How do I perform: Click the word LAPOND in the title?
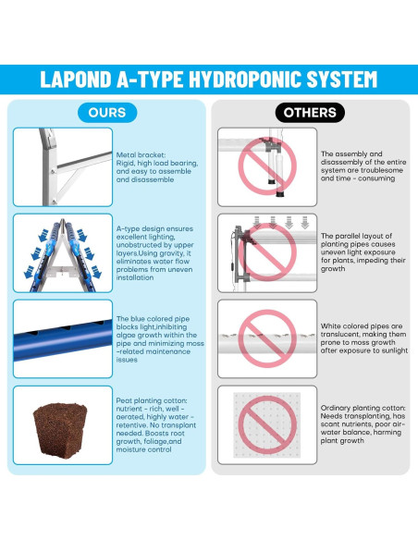tap(76, 80)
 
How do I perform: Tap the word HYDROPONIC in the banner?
tap(245, 80)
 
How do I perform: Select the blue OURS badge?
tap(107, 113)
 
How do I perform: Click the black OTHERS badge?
tap(310, 113)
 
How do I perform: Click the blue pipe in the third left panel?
tap(63, 340)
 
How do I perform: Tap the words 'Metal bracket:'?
tap(141, 155)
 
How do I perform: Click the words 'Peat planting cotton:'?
tap(152, 400)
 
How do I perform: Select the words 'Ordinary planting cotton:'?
tap(363, 408)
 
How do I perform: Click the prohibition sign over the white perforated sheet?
tap(267, 425)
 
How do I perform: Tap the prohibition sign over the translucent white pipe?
tap(267, 338)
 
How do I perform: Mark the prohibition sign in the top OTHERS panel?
tap(267, 166)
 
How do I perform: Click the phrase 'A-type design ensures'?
tap(154, 228)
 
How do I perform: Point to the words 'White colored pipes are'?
tap(362, 325)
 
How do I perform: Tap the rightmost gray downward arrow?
tap(305, 223)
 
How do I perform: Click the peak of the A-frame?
tap(62, 220)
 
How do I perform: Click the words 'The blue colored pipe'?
tap(153, 319)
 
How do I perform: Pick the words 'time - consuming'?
tap(365, 178)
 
